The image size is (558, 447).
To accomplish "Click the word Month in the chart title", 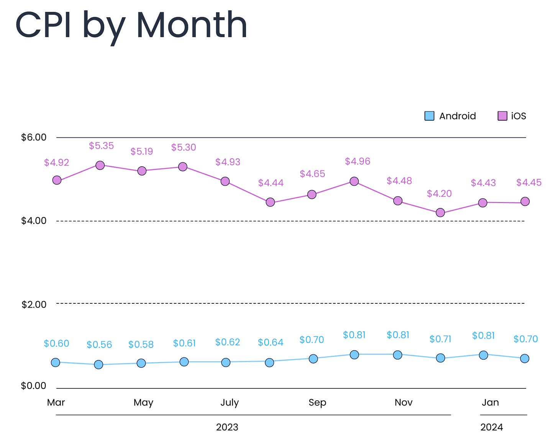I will point(192,25).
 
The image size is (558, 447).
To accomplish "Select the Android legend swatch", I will point(429,116).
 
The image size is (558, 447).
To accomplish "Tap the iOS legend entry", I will point(512,116).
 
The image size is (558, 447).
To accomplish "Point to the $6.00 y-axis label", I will point(34,137).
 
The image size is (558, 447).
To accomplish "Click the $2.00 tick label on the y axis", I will point(34,305).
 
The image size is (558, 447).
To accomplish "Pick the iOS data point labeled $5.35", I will point(100,165).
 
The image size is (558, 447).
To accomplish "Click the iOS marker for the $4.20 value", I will point(440,213).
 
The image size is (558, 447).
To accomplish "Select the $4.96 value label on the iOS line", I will point(358,161).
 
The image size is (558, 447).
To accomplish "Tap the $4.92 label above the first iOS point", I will point(56,162).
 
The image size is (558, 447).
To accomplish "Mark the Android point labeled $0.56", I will point(98,365).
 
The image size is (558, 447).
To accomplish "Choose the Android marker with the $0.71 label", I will point(441,358).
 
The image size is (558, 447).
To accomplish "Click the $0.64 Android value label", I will point(271,342).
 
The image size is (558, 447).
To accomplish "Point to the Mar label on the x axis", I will point(56,403).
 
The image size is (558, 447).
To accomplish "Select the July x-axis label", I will point(230,403).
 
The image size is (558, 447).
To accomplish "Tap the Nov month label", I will point(404,403).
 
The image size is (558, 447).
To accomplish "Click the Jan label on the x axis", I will point(490,403).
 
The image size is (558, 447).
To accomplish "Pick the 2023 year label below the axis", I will point(227,427).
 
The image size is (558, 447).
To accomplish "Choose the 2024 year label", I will point(492,427).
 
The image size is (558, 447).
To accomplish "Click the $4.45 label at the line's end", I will point(529,183).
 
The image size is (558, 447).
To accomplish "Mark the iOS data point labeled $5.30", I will point(183,167).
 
